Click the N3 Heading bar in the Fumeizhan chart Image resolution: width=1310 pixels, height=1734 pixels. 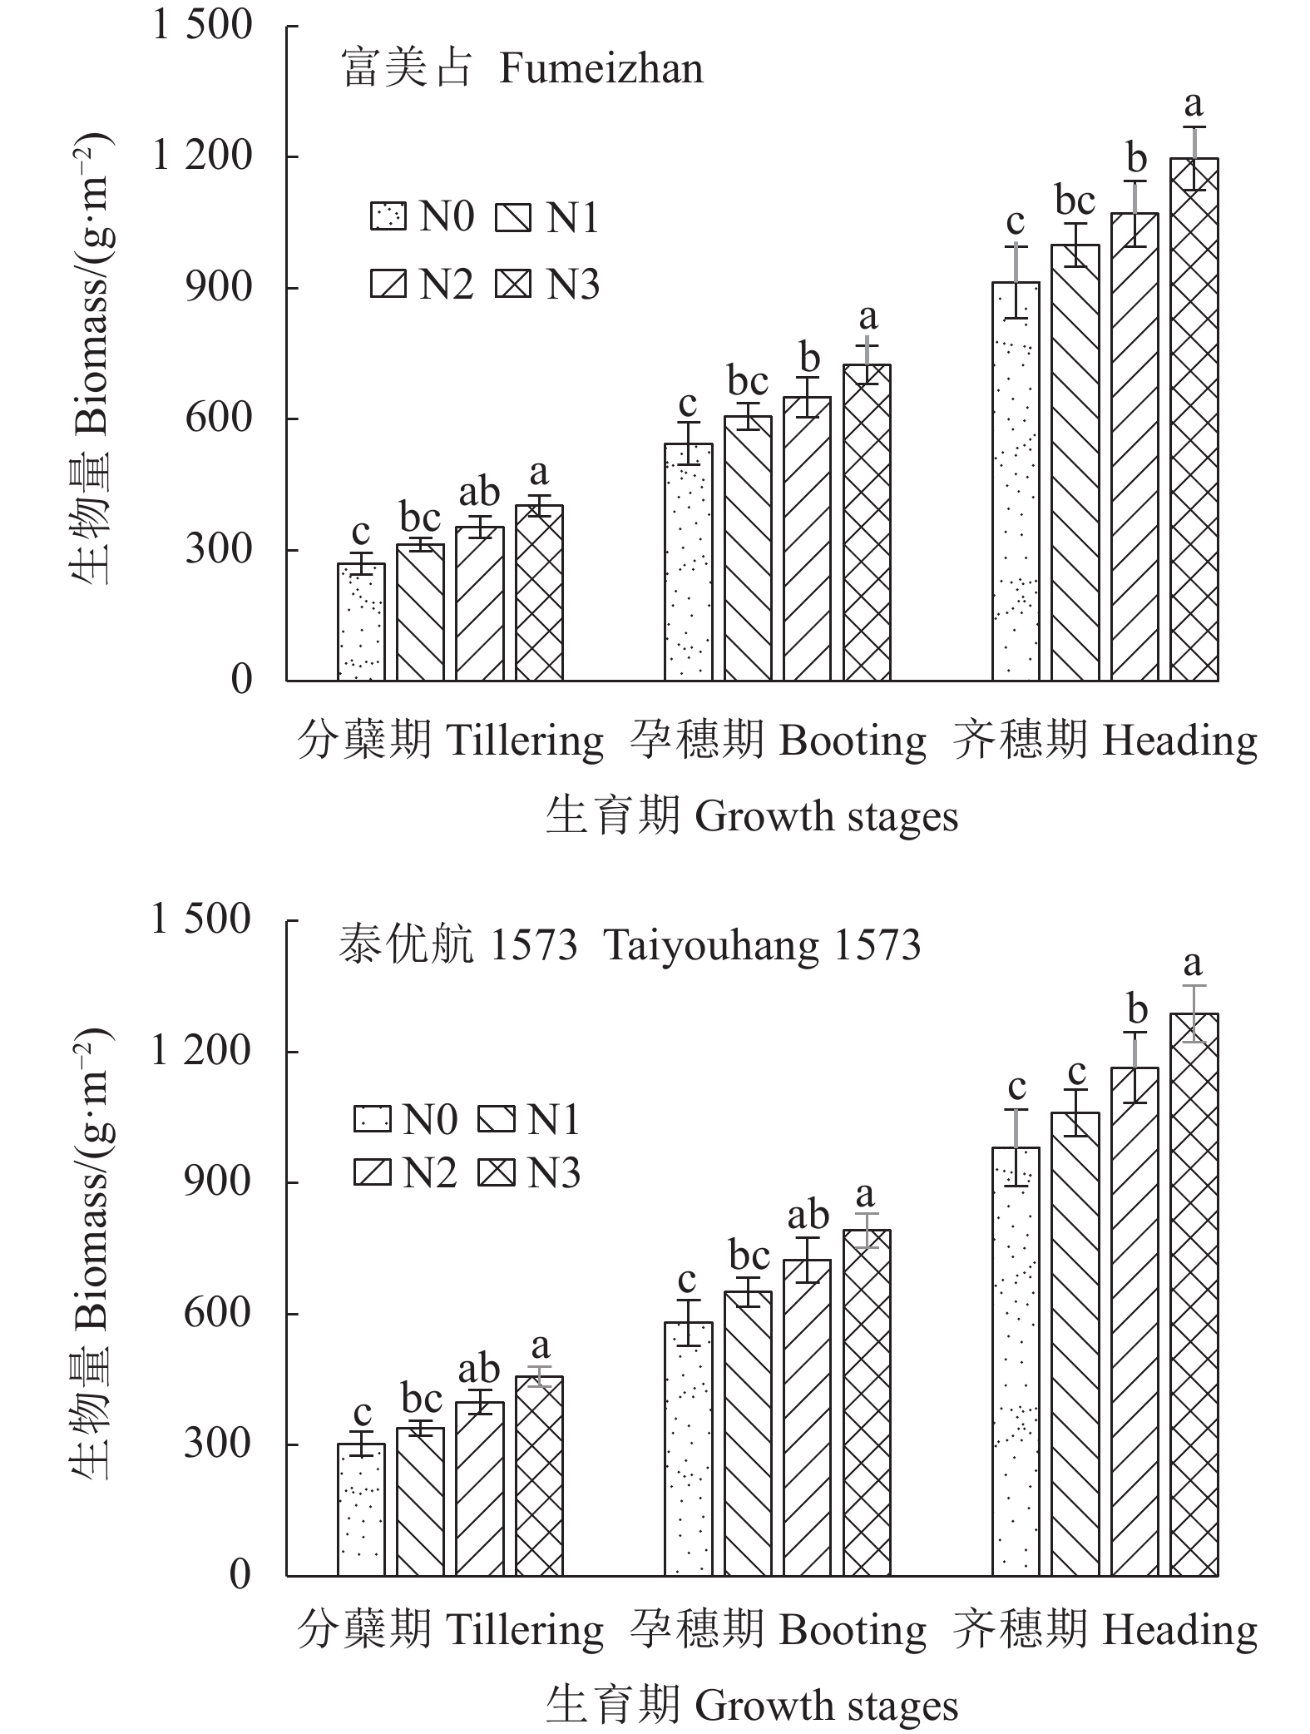pos(1194,419)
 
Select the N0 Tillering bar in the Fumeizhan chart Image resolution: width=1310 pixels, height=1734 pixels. pos(361,622)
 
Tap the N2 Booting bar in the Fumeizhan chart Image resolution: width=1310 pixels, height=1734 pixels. pos(807,538)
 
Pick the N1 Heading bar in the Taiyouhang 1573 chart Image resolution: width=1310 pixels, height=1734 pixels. pos(1075,1344)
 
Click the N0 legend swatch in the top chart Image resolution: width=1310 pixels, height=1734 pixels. pos(388,218)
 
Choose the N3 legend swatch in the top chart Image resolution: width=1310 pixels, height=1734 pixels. pos(513,285)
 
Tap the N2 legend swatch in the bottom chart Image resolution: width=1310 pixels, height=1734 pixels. pos(372,1173)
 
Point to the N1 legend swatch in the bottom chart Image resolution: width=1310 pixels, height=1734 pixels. pos(497,1119)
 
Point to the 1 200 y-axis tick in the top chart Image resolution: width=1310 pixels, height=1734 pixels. pos(201,156)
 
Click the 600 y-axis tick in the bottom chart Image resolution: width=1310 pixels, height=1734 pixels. pos(217,1314)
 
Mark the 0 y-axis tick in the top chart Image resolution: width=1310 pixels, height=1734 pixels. pos(241,681)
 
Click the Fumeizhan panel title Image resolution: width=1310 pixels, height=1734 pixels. pos(522,69)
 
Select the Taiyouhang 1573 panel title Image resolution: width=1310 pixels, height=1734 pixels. pos(630,944)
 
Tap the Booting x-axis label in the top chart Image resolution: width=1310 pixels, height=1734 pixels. pos(777,741)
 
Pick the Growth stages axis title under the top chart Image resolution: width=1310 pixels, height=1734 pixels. pos(751,816)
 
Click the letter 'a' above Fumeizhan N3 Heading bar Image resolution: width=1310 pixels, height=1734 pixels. pos(1194,105)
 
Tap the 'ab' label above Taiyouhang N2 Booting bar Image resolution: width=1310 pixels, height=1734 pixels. pos(808,1216)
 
